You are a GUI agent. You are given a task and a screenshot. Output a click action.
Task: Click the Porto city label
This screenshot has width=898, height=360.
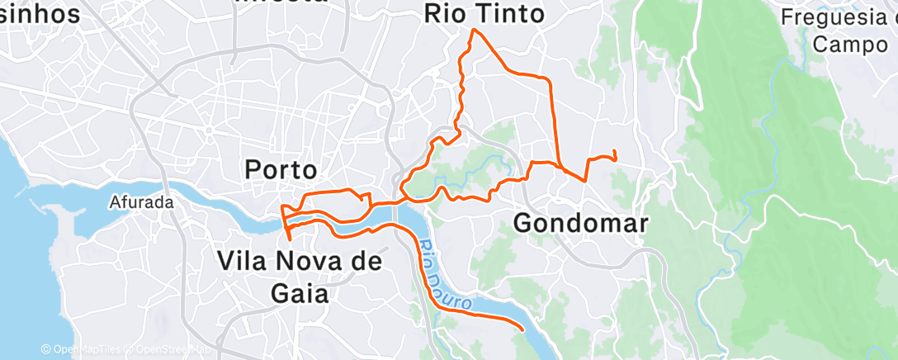click(x=281, y=170)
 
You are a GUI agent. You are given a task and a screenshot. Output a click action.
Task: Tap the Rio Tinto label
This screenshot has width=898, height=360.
click(x=484, y=14)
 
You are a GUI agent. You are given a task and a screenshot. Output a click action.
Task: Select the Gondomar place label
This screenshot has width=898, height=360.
click(x=581, y=223)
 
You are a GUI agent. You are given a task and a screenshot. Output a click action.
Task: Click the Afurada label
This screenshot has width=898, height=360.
click(x=142, y=201)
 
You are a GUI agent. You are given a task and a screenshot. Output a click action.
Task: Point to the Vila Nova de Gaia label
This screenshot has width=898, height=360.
click(x=299, y=277)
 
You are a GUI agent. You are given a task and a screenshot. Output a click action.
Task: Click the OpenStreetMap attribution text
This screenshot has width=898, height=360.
click(x=166, y=350)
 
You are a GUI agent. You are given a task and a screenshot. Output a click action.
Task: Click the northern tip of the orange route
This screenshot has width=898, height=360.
click(x=472, y=30)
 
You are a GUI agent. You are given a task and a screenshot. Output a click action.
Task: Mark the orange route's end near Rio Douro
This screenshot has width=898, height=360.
click(x=523, y=329)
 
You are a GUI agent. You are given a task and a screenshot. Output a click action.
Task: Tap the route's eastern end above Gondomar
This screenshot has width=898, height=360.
click(x=616, y=151)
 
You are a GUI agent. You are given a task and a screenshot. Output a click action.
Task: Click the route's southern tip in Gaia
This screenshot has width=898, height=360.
click(x=290, y=239)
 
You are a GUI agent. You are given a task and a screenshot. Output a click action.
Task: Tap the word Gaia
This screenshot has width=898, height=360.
click(x=299, y=293)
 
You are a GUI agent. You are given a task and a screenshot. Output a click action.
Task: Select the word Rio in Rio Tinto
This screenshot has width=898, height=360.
click(x=445, y=14)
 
